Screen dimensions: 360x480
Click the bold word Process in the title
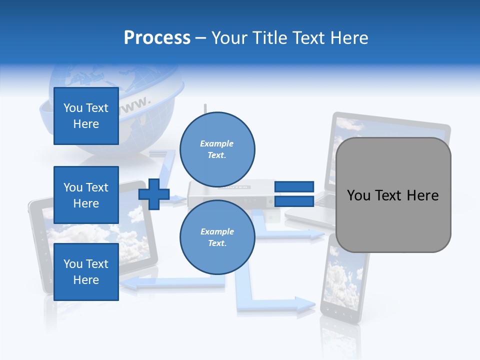(x=157, y=38)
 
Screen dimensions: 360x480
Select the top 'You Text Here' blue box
(x=86, y=116)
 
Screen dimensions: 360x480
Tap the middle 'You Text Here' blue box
(x=86, y=195)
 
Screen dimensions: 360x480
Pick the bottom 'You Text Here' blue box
(x=86, y=272)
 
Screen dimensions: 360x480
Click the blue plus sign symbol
(x=154, y=194)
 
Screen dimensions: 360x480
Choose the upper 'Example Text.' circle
(x=217, y=149)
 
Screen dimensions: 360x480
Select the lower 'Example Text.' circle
(x=217, y=237)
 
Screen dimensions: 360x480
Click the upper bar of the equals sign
(x=294, y=186)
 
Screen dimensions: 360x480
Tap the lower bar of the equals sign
(x=294, y=201)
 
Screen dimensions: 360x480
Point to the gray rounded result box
(x=393, y=195)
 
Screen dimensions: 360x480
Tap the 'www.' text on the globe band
(x=135, y=104)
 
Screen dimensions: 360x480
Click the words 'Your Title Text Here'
(x=289, y=38)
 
